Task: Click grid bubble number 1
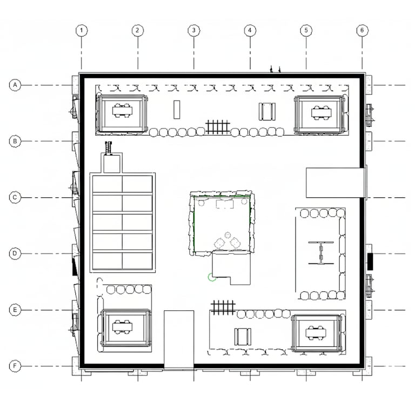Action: coord(81,30)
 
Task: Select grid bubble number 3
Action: coord(194,30)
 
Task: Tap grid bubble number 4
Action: coord(250,30)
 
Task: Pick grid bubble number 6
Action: coord(362,30)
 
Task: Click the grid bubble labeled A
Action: coord(15,85)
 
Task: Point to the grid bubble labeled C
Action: coord(15,197)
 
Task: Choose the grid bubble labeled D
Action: coord(15,253)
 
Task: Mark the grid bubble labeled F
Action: coord(15,366)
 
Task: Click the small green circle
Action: coord(212,277)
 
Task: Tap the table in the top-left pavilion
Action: coord(122,111)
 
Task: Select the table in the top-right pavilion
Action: coord(321,112)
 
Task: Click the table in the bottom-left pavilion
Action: coord(122,326)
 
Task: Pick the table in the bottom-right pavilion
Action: coord(316,333)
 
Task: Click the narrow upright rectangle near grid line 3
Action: coord(177,110)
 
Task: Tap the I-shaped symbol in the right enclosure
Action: coord(321,253)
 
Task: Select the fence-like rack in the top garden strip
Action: coord(218,127)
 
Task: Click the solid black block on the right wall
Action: coord(370,262)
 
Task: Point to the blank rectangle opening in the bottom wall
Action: coord(179,339)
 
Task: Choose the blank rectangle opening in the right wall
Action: coord(336,183)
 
